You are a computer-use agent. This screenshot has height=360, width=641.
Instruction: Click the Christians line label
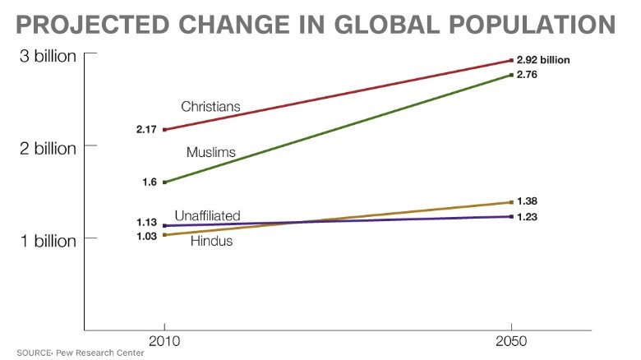(210, 107)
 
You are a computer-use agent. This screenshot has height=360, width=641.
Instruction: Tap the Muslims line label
(210, 153)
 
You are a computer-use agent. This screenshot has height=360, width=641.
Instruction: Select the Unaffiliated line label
(207, 215)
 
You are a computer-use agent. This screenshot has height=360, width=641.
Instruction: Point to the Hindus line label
(211, 242)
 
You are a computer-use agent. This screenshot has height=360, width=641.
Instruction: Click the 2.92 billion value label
(543, 60)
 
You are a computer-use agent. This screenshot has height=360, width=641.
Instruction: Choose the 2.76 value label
(527, 75)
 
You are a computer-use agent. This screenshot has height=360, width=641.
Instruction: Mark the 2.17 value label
(146, 130)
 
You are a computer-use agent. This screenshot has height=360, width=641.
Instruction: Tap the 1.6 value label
(150, 182)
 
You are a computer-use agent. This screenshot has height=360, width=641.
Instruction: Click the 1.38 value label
(527, 201)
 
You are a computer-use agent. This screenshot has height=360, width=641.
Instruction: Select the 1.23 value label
(527, 216)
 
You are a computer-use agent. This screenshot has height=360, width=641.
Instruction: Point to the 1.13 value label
(146, 222)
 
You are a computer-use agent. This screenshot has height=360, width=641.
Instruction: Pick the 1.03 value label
(146, 236)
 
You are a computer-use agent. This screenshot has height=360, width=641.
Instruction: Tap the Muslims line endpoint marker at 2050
(511, 76)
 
